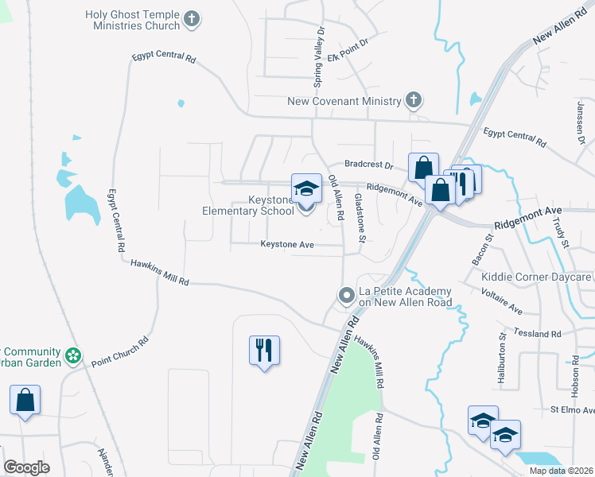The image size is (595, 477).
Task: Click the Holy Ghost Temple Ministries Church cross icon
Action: tap(191, 18)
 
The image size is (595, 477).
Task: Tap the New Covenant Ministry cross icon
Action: tap(413, 101)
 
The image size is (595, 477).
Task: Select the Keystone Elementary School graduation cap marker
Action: tap(306, 188)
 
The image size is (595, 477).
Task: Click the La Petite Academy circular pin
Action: tap(346, 296)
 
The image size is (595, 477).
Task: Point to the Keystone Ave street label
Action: tap(287, 245)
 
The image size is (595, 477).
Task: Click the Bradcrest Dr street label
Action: tap(369, 165)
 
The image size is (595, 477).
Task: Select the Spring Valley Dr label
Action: tap(321, 47)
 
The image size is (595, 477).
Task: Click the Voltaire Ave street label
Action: tap(502, 301)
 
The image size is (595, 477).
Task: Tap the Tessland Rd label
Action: tap(538, 333)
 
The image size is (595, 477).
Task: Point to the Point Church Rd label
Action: tap(120, 351)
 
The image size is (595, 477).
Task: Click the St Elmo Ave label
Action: tap(572, 410)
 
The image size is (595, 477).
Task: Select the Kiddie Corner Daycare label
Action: tap(537, 277)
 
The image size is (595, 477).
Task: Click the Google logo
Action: tap(26, 467)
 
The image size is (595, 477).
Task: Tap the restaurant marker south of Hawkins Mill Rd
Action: tap(264, 350)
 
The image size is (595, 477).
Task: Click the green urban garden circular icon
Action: tap(73, 355)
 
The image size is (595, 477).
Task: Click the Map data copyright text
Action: tap(560, 471)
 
